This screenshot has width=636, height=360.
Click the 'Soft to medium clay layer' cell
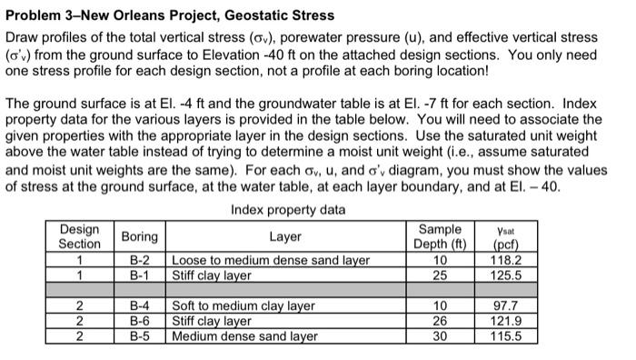pos(243,306)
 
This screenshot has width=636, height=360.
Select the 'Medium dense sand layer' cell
pos(244,335)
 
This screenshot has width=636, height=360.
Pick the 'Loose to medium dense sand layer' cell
pos(270,259)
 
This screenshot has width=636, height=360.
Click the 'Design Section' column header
pos(80,236)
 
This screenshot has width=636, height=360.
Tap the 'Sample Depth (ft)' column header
pos(440,236)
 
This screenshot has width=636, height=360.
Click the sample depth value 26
pos(440,321)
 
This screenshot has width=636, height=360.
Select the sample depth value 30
pos(440,335)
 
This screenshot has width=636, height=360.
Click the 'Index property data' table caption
pos(288,210)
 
